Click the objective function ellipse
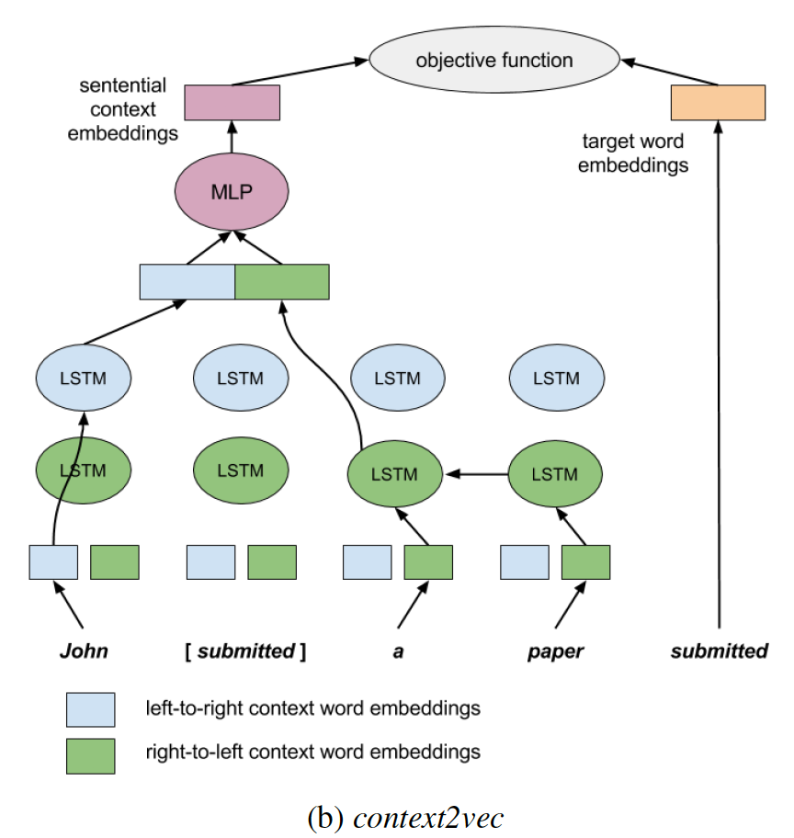tap(493, 62)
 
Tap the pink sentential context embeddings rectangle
tap(232, 103)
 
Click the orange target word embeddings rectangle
tap(718, 103)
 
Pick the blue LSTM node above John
tap(83, 378)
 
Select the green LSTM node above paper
tap(555, 474)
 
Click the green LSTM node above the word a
tap(395, 474)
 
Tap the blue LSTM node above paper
tap(555, 378)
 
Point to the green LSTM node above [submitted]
tap(240, 470)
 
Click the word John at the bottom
tap(84, 651)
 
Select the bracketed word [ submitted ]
tap(244, 651)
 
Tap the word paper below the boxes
tap(555, 651)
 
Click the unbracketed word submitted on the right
tap(719, 651)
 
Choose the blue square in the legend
tap(90, 709)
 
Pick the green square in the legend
tap(90, 755)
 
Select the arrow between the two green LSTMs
tap(476, 474)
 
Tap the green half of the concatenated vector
tap(282, 282)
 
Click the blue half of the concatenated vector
tap(187, 282)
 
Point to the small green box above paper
tap(585, 561)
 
